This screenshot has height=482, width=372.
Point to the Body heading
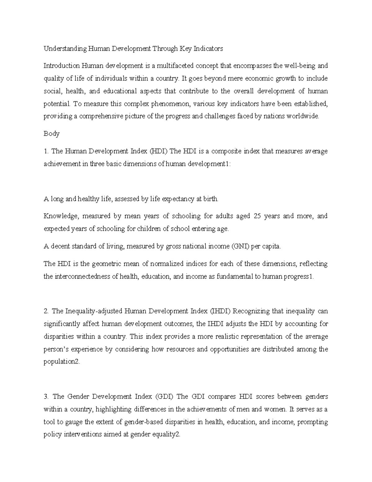51,134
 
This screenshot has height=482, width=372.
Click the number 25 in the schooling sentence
257,216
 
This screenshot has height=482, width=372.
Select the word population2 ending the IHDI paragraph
62,362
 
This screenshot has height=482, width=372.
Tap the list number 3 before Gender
46,396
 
